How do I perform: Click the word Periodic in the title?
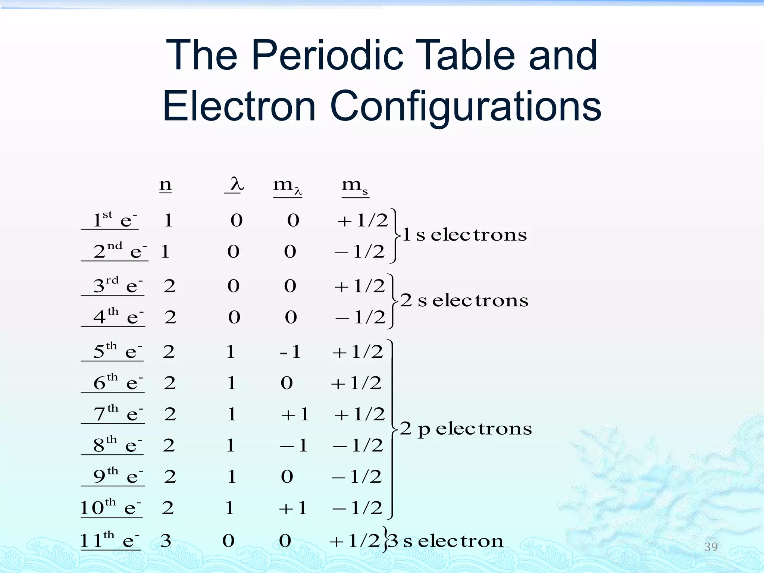[x=327, y=56]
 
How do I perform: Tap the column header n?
[x=165, y=185]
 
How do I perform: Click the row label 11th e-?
[x=110, y=541]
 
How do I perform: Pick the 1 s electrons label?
[x=464, y=235]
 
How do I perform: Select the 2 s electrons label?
[x=464, y=301]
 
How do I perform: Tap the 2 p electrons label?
[x=466, y=429]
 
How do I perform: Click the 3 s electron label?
[x=446, y=541]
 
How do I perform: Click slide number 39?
[x=711, y=547]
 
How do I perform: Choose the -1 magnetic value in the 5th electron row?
[x=290, y=352]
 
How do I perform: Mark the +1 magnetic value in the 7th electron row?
[x=295, y=414]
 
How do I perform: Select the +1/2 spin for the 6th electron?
[x=356, y=383]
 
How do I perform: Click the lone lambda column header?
[x=236, y=184]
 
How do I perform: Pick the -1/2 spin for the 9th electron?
[x=357, y=477]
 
